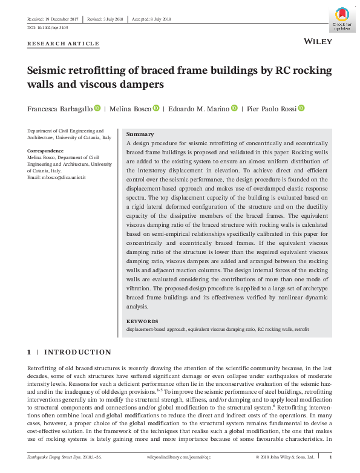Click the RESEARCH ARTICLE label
[x=63, y=44]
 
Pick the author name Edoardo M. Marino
[x=198, y=109]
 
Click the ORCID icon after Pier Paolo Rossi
[x=301, y=108]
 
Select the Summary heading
[x=139, y=134]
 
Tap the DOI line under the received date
[x=48, y=28]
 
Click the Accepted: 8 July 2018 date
[x=152, y=19]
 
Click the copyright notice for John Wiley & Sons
[x=284, y=457]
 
